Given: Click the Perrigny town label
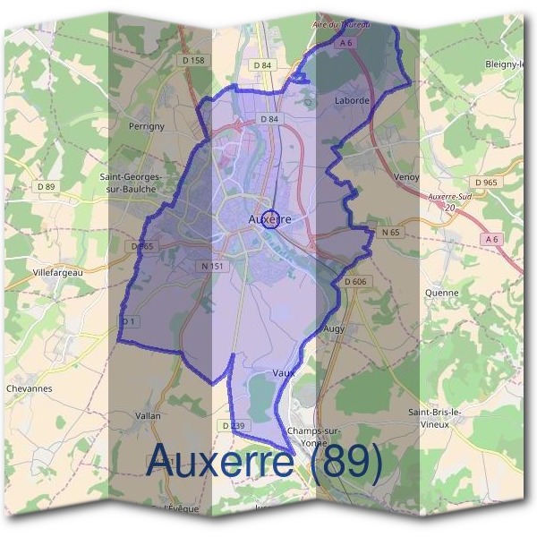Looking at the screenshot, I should tap(147, 126).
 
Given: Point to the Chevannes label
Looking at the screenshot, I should tap(30, 388).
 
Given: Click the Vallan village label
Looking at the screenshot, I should tap(148, 416).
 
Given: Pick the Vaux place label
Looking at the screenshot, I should tap(283, 371).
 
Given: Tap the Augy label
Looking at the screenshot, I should tap(333, 329).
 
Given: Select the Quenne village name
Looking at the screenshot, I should tap(442, 293).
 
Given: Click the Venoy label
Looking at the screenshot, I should tap(405, 177).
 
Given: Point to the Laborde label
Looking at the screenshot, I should tap(352, 101).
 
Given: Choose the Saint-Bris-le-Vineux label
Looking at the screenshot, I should tap(434, 418).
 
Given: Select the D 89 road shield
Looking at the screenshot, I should tap(47, 186).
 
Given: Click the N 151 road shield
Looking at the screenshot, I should tap(212, 266).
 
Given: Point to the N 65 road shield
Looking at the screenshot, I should tap(389, 232).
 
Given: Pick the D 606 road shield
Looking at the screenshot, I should tap(355, 281).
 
